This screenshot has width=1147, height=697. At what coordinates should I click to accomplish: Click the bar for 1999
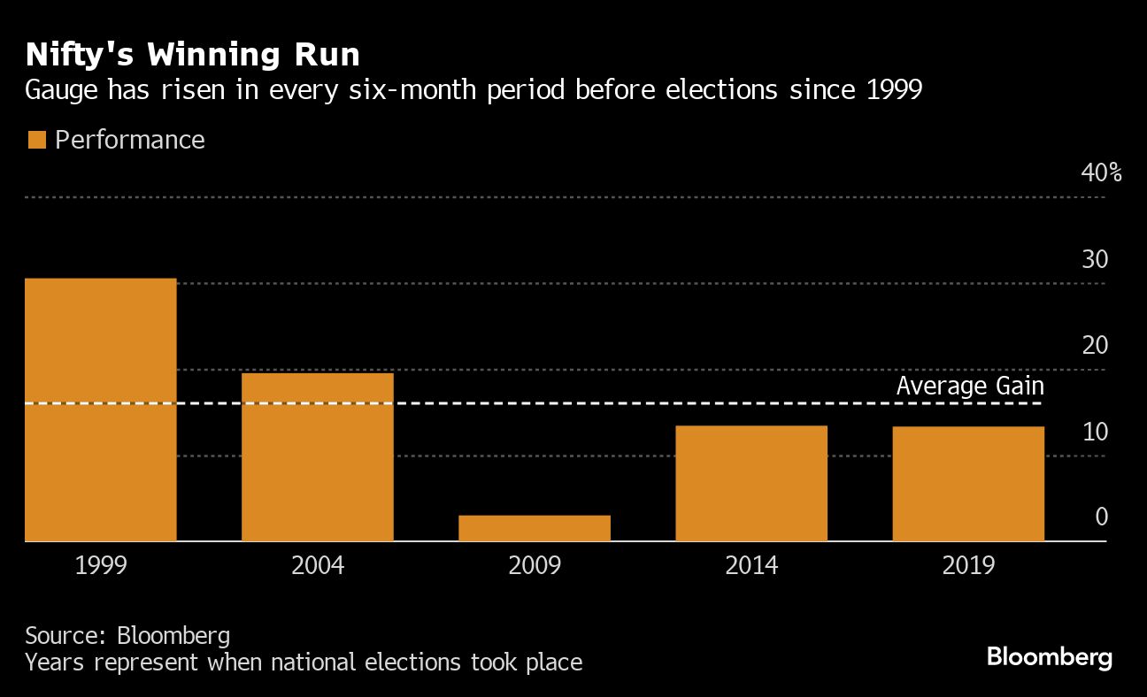(100, 410)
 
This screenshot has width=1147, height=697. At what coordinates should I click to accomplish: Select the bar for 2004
(317, 456)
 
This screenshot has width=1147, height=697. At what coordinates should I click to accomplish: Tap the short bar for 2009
(535, 528)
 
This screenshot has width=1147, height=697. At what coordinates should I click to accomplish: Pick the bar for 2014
(751, 483)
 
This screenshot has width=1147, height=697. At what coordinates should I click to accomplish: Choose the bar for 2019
(968, 484)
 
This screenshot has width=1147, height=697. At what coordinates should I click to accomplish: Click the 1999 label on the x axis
(100, 565)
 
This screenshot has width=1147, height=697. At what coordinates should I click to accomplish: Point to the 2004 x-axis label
(317, 565)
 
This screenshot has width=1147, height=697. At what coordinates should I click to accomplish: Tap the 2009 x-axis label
(535, 565)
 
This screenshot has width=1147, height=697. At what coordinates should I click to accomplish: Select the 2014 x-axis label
(751, 565)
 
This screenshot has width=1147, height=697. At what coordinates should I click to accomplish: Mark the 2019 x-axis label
(968, 565)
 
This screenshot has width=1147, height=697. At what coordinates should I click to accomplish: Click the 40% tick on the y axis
(1101, 173)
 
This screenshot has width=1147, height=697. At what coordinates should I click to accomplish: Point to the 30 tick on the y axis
(1095, 260)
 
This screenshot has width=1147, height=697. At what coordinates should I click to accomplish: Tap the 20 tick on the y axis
(1095, 346)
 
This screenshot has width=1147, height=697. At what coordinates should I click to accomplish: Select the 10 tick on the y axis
(1095, 433)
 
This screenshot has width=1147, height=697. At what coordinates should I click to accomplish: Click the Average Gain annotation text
(970, 387)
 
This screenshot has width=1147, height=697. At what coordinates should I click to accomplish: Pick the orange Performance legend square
(36, 141)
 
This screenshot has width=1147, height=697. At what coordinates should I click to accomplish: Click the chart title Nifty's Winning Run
(193, 55)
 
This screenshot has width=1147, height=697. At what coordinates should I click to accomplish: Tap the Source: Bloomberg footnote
(127, 635)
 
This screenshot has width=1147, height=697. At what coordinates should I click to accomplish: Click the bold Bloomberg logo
(1049, 657)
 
